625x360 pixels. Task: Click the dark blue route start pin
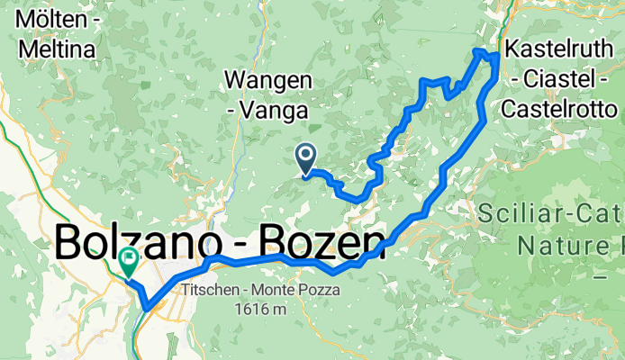pos(306,159)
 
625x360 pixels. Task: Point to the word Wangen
pos(267,81)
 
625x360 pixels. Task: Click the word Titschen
pos(206,290)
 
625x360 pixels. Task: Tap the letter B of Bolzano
pos(69,242)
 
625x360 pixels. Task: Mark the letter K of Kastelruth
pos(511,49)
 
